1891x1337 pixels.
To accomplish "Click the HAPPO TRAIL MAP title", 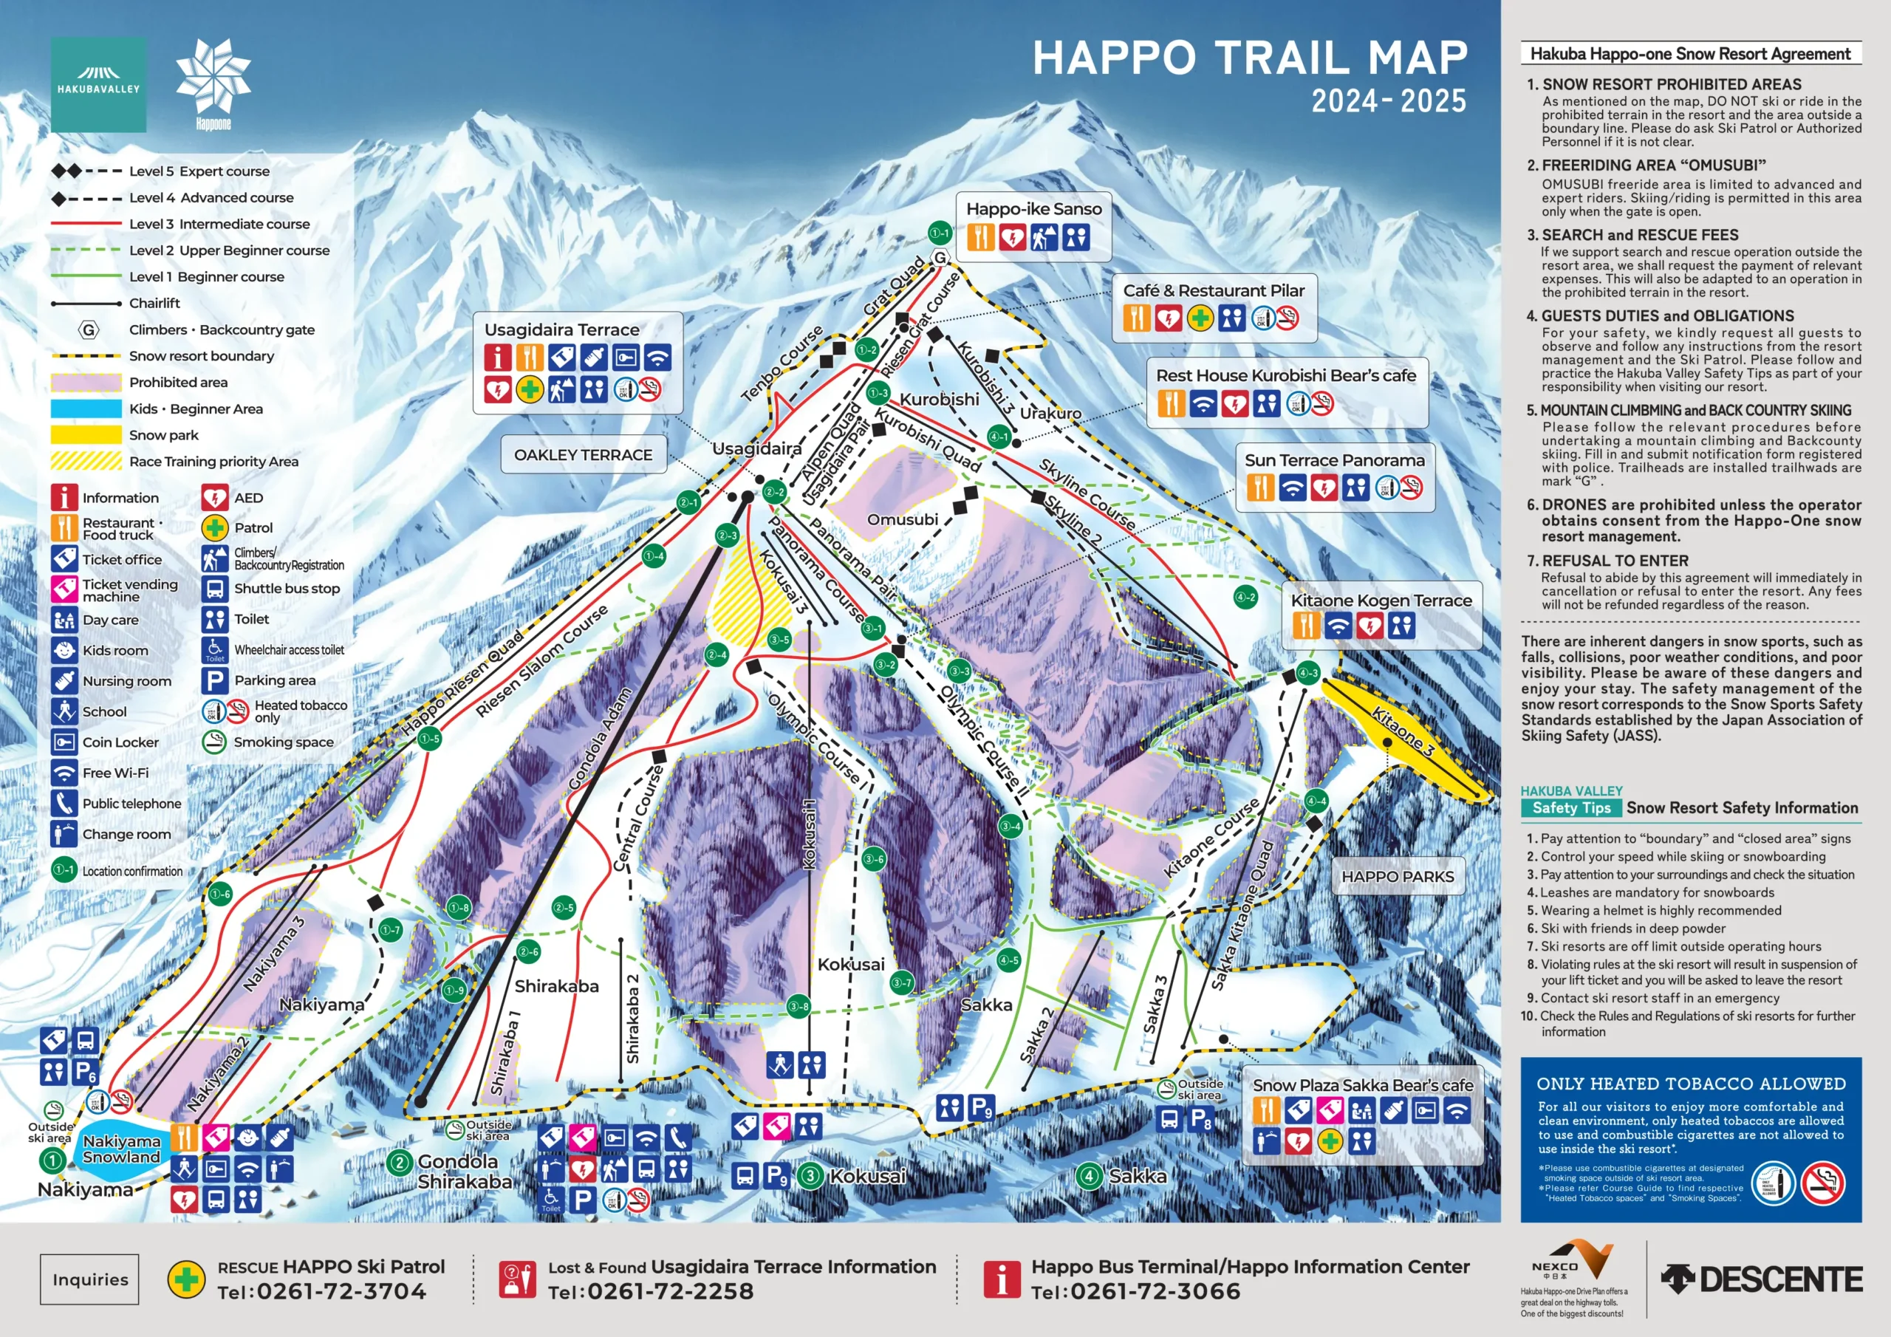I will [1249, 58].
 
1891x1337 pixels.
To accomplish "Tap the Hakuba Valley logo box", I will [98, 84].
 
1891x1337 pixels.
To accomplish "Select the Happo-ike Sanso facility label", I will [1033, 209].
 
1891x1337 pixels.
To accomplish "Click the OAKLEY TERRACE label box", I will [583, 455].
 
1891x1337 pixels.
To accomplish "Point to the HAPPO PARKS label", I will [1397, 877].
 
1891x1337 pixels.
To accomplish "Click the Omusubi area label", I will [902, 520].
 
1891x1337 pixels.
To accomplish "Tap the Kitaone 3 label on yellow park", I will [1403, 731].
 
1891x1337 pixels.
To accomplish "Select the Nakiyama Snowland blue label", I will [121, 1149].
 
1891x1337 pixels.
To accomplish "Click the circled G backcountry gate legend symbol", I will [89, 330].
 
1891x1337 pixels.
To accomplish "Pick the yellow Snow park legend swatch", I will [86, 435].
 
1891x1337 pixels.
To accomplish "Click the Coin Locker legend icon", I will [64, 742].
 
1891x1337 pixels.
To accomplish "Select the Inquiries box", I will [90, 1279].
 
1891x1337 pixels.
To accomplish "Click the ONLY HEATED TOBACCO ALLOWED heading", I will [1690, 1084].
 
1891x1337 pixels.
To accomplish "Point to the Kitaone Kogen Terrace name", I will [1381, 601].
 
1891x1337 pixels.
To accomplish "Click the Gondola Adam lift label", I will [600, 739].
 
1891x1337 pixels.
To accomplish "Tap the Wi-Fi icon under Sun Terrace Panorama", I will [1292, 488].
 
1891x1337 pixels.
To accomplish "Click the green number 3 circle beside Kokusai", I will [810, 1175].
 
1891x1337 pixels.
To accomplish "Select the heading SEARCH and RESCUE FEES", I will [1639, 235].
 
